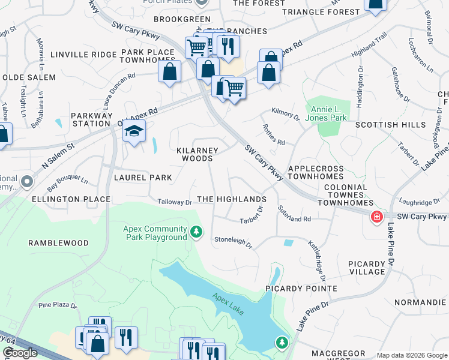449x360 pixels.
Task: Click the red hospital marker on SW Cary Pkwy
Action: (x=377, y=217)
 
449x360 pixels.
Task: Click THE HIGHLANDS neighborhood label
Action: (x=231, y=199)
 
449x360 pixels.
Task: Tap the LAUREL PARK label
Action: (x=143, y=178)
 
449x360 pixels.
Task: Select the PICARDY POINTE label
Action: (x=301, y=289)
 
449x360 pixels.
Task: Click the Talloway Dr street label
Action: (x=175, y=202)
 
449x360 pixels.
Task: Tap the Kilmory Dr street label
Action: (x=285, y=113)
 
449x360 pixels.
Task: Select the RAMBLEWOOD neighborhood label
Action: (x=58, y=243)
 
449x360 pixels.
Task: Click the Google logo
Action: (x=20, y=353)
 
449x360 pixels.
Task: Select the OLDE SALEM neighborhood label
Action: (x=29, y=77)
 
